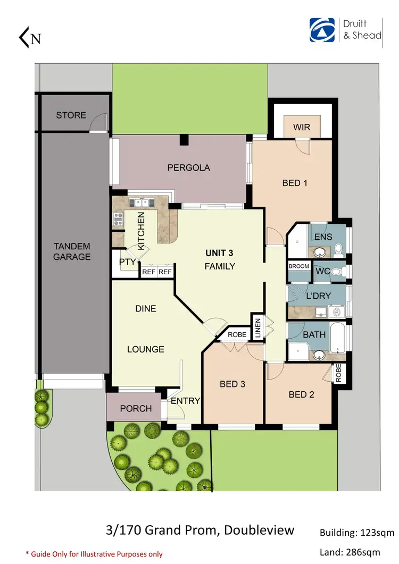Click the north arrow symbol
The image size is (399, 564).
pos(30,38)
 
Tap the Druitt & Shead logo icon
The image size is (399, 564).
pos(322,30)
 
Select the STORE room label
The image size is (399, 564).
pos(71,115)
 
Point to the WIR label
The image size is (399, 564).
pos(302,128)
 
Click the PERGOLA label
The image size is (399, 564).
pos(189,167)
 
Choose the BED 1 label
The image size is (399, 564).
pos(295,183)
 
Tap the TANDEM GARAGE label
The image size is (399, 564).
pos(72,251)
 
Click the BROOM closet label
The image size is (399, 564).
pos(298,266)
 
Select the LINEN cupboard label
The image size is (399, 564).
pos(257,327)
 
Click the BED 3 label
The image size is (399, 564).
pos(232,384)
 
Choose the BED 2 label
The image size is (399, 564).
pos(301,394)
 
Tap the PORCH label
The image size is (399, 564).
pos(136,409)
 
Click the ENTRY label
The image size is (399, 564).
pos(185,401)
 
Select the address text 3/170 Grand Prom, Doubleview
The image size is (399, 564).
pos(199,531)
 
